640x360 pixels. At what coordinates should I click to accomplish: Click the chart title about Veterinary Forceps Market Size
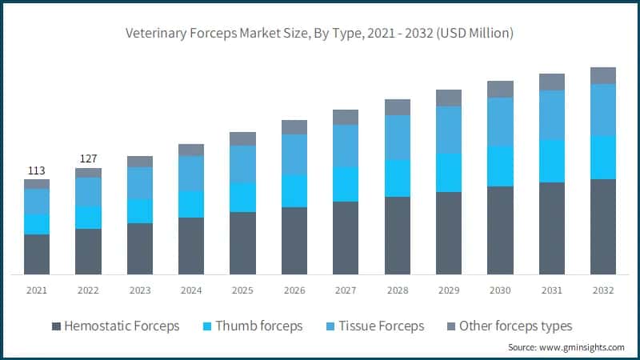(x=319, y=34)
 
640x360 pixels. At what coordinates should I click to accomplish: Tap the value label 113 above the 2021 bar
(x=37, y=170)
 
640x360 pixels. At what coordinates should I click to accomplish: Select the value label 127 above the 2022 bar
(x=88, y=159)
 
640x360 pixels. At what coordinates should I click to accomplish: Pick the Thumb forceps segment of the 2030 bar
(x=500, y=166)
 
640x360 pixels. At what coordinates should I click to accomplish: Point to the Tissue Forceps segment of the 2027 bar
(x=346, y=146)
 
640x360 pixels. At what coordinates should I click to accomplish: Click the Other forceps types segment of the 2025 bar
(x=242, y=138)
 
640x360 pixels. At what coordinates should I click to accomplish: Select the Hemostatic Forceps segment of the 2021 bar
(x=37, y=254)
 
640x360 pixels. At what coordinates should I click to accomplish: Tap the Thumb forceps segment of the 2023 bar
(x=140, y=211)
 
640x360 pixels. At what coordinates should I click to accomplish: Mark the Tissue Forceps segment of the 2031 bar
(x=551, y=114)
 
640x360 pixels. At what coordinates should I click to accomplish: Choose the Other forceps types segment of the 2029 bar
(x=449, y=98)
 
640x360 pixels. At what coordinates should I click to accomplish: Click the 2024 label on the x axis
(x=191, y=290)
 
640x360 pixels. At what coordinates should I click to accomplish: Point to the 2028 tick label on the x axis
(x=397, y=290)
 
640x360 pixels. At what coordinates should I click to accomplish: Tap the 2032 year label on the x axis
(x=602, y=290)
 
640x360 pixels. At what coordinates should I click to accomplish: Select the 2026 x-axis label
(x=294, y=290)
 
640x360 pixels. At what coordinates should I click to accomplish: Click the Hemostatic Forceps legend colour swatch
(x=56, y=326)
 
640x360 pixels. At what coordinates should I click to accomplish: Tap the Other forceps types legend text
(x=515, y=326)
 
